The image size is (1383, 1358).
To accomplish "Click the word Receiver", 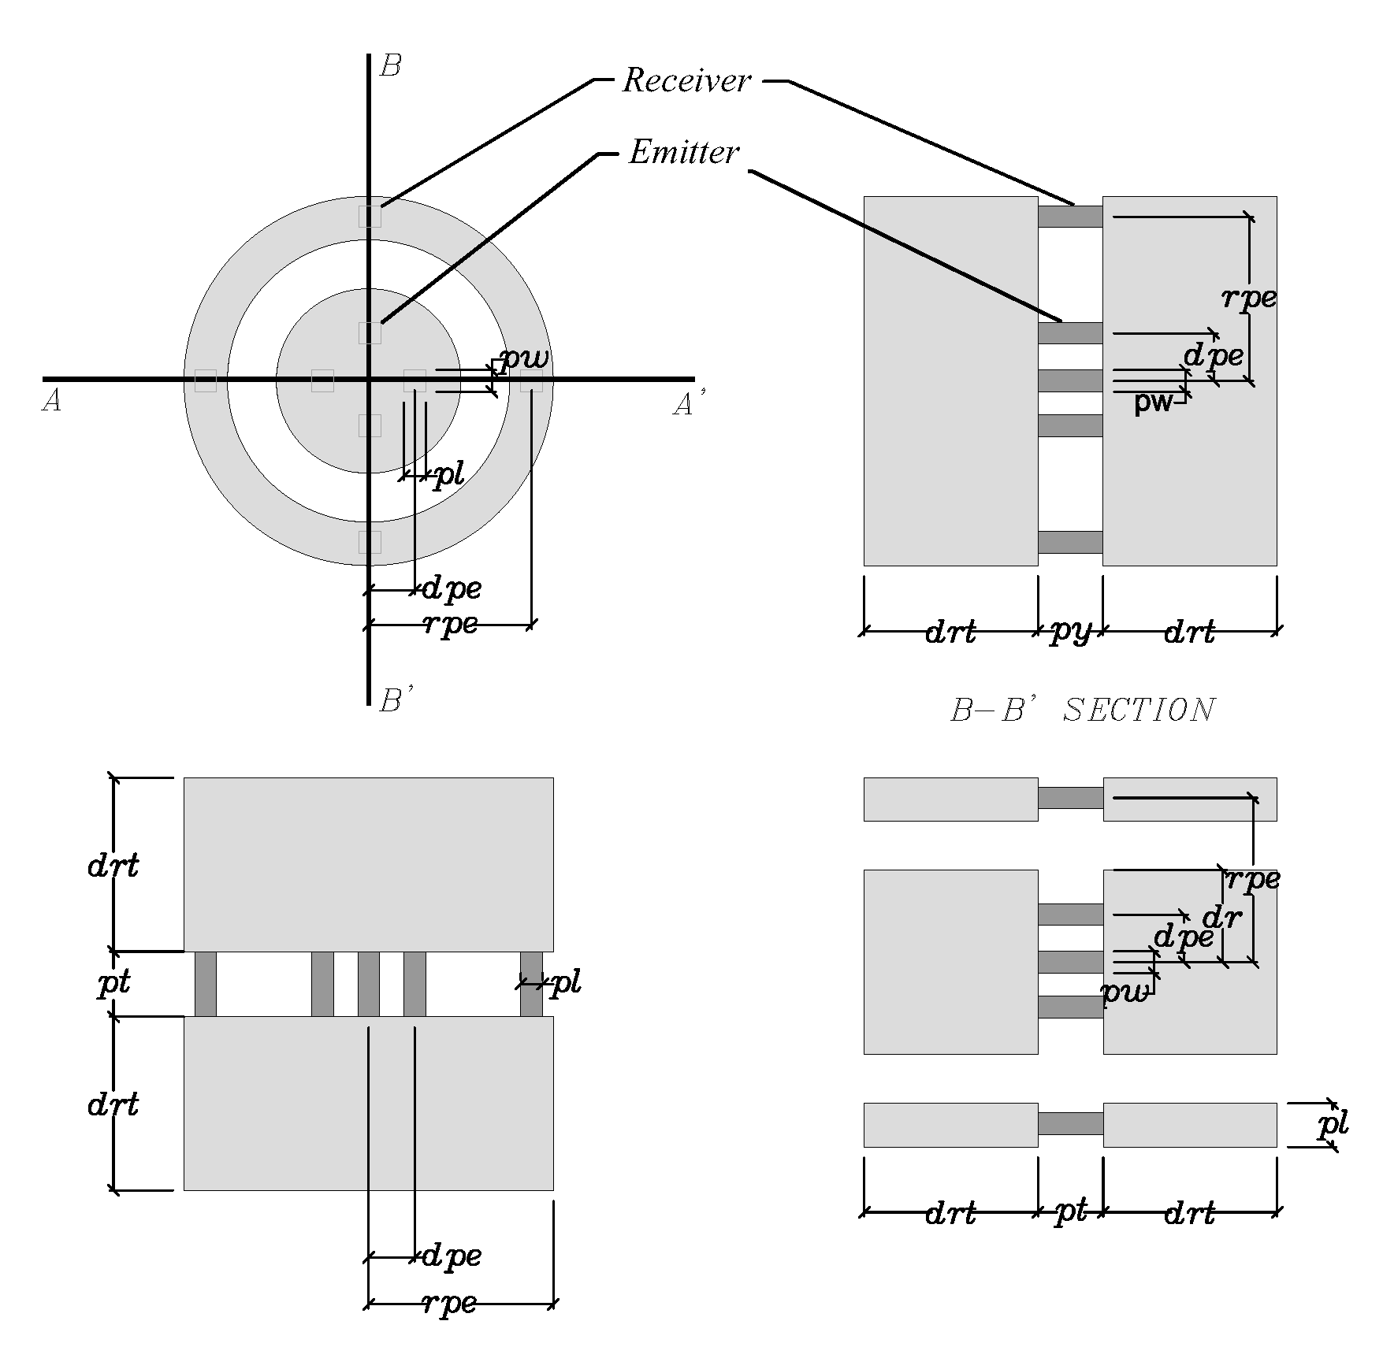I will (686, 80).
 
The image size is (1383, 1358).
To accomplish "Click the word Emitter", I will (684, 152).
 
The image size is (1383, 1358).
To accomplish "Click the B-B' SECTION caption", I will (1083, 710).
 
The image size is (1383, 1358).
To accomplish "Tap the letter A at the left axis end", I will (51, 403).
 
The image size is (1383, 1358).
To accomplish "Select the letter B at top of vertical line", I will (390, 66).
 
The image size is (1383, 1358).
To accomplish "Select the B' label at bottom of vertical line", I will (393, 699).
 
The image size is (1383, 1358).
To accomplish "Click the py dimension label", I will (1070, 631).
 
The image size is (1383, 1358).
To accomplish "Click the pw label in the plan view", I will (524, 359).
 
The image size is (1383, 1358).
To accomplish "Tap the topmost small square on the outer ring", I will (370, 216).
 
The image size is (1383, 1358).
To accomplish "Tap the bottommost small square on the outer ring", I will (370, 542).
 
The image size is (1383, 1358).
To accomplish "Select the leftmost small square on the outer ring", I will (206, 380).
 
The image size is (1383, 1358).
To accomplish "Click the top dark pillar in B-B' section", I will (1069, 217).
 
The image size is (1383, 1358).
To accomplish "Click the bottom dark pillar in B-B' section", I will (1069, 542).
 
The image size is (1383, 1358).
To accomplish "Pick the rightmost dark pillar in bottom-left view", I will (531, 984).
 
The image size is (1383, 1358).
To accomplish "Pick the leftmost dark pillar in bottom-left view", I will (206, 984).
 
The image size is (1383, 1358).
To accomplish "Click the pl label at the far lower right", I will (1333, 1125).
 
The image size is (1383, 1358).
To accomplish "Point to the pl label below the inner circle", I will (448, 475).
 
